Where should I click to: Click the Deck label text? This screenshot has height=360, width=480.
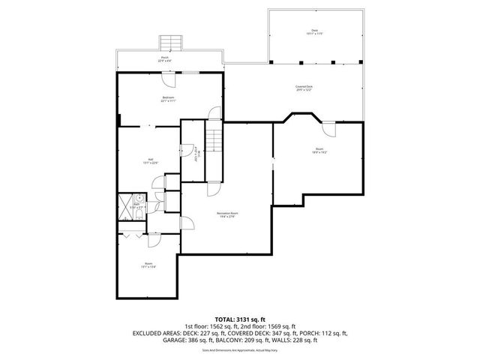tap(315, 31)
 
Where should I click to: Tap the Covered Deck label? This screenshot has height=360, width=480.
tap(304, 88)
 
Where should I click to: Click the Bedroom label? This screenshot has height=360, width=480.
tap(168, 98)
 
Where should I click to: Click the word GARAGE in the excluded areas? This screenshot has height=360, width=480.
tap(177, 340)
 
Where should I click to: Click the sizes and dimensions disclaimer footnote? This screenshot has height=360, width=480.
tap(240, 349)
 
